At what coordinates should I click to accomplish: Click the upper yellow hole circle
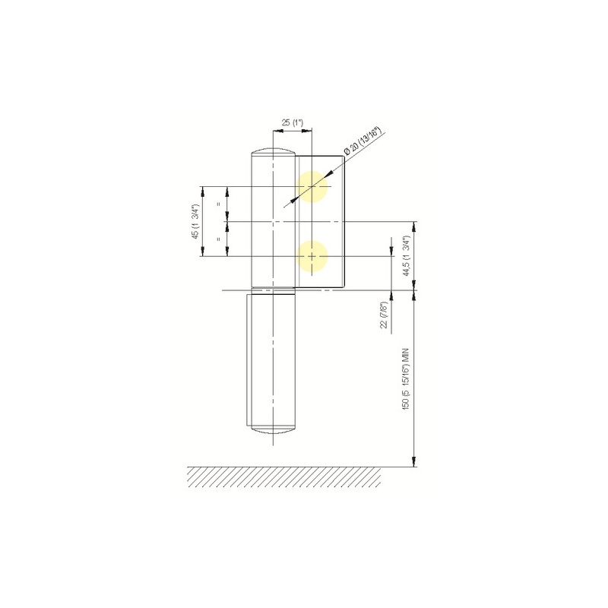312,186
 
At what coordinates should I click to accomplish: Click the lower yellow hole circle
312,256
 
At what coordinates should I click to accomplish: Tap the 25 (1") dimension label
292,123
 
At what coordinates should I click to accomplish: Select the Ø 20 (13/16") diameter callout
363,141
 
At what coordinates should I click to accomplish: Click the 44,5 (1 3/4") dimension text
407,255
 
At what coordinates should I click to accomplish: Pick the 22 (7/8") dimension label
385,315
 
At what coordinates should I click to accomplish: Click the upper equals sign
219,204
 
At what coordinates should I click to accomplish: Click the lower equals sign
219,239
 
